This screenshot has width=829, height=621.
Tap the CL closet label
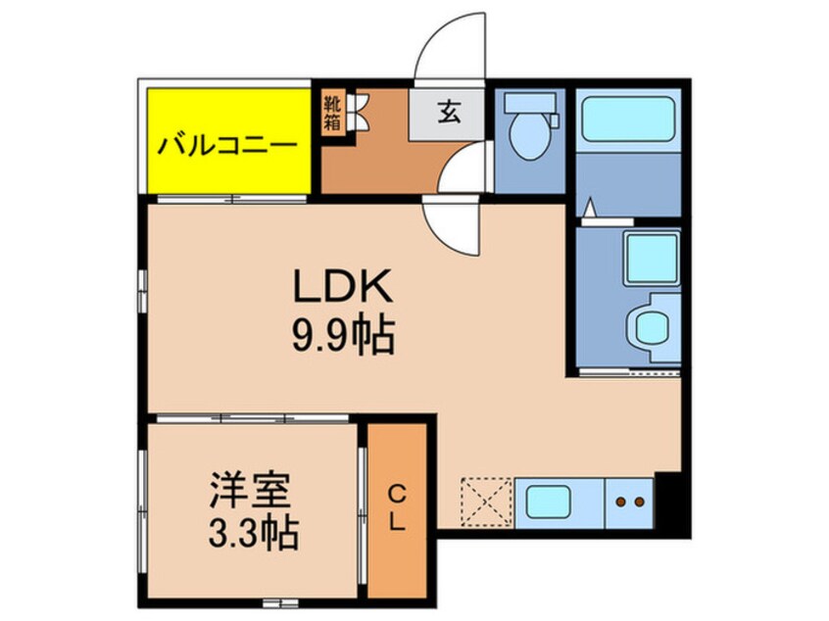point(396,507)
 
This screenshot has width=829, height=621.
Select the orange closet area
point(397,549)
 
